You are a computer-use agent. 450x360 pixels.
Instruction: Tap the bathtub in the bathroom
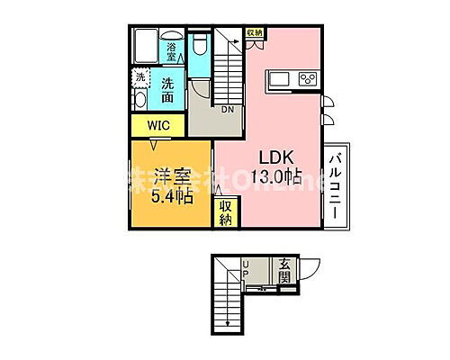[x=147, y=45]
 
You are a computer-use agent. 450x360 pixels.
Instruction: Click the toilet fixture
[x=200, y=45]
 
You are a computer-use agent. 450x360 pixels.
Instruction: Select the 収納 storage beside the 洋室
[x=225, y=212]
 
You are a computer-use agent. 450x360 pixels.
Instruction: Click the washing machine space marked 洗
[x=139, y=77]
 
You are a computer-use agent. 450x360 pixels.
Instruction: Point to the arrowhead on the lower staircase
[x=229, y=322]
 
